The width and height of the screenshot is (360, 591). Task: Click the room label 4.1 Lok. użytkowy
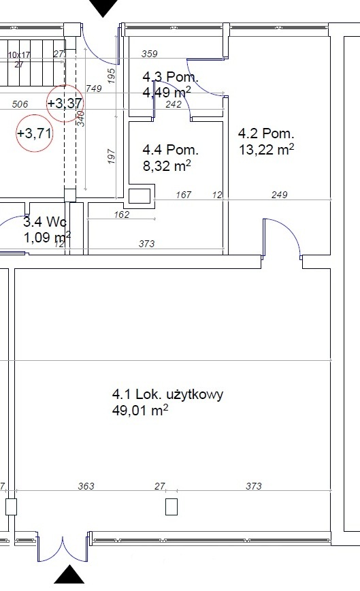(x=167, y=394)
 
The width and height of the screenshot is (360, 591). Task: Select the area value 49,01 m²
(x=140, y=410)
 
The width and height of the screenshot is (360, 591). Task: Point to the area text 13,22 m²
(x=266, y=148)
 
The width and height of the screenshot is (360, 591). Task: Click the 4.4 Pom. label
(x=170, y=149)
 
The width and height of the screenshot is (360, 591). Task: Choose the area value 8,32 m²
(x=166, y=165)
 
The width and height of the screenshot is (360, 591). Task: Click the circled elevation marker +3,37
(x=65, y=103)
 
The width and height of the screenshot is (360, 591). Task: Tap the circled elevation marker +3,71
(x=34, y=133)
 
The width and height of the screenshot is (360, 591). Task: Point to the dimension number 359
(x=149, y=54)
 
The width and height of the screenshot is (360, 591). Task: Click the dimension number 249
(x=279, y=195)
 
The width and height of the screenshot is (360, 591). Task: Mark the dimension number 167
(x=183, y=195)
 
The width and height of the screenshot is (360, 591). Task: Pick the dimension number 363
(x=86, y=486)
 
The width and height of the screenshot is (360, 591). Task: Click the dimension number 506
(x=20, y=104)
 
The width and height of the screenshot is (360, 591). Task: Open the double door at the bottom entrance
(x=63, y=548)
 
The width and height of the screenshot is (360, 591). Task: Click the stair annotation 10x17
(x=19, y=54)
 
